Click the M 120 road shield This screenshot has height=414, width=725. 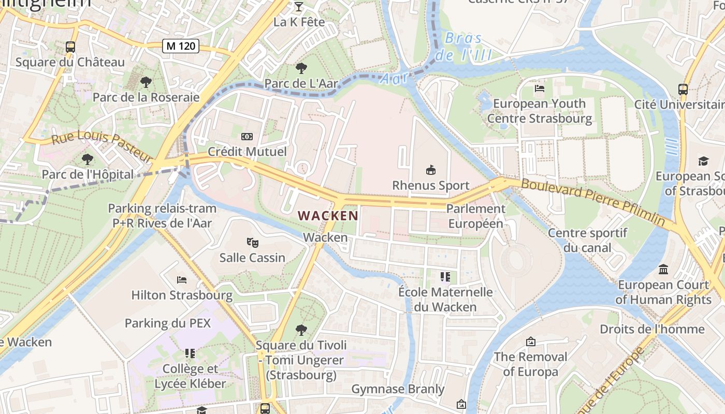pyautogui.click(x=181, y=46)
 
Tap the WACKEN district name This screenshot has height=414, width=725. pyautogui.click(x=328, y=215)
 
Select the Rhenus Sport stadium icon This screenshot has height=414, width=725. pyautogui.click(x=430, y=170)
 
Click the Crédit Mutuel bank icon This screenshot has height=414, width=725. pyautogui.click(x=247, y=137)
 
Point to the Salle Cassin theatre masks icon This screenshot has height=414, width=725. pyautogui.click(x=252, y=242)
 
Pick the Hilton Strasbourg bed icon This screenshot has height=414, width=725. pyautogui.click(x=182, y=280)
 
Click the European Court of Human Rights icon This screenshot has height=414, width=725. pyautogui.click(x=663, y=270)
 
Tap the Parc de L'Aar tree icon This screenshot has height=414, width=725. pyautogui.click(x=301, y=68)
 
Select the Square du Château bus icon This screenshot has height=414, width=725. pyautogui.click(x=70, y=47)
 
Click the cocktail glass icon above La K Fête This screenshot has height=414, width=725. pyautogui.click(x=299, y=7)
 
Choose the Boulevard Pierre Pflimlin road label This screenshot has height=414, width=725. pyautogui.click(x=593, y=202)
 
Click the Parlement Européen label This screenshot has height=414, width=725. pyautogui.click(x=475, y=216)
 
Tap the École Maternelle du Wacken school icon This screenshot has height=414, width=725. pyautogui.click(x=445, y=277)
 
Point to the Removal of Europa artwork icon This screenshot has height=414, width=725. pyautogui.click(x=530, y=342)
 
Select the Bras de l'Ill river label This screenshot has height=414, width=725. pyautogui.click(x=463, y=47)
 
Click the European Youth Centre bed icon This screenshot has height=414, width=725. pyautogui.click(x=539, y=88)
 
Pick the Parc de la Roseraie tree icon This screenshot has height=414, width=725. pyautogui.click(x=146, y=82)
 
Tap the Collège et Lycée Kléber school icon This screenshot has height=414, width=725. pyautogui.click(x=190, y=353)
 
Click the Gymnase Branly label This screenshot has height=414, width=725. pyautogui.click(x=398, y=389)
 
